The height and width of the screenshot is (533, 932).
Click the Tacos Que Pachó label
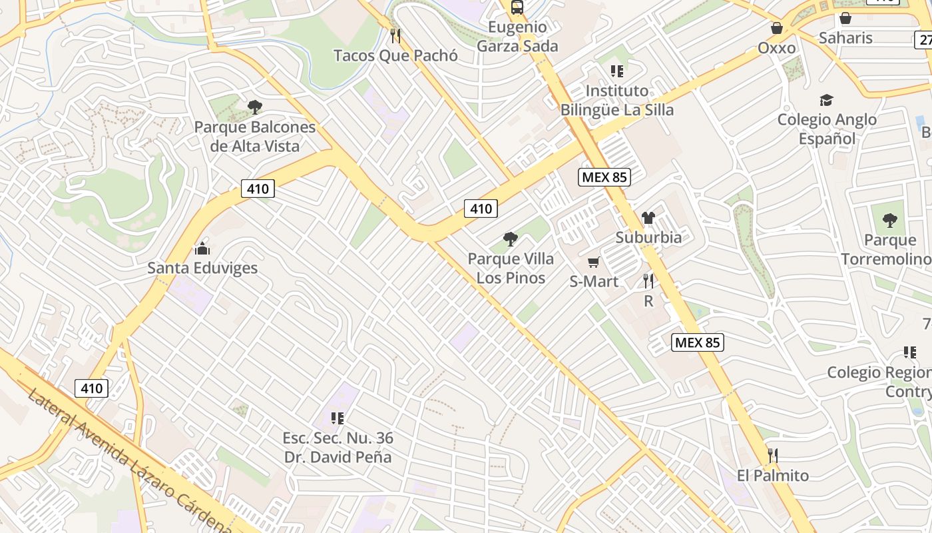point(395,55)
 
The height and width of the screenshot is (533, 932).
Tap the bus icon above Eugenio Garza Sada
point(517,7)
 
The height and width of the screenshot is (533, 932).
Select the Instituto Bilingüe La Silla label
point(617,100)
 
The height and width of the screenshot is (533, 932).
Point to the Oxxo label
point(777,48)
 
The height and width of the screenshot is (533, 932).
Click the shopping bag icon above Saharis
point(845,18)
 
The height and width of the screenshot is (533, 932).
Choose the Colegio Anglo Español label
point(827,129)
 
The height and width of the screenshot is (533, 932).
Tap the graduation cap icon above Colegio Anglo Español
point(826,100)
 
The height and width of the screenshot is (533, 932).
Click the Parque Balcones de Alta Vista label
point(255,136)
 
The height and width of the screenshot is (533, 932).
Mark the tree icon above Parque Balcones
point(254,107)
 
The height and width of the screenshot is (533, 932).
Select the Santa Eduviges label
point(202,268)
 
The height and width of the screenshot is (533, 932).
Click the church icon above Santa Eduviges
point(202,249)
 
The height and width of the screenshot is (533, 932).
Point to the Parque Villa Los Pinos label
point(511,268)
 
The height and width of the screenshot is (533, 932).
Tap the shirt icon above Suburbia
point(648,218)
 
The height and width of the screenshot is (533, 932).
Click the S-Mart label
point(594,282)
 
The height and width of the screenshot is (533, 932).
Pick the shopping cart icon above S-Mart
point(594,262)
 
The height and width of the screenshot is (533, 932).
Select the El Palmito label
point(773,476)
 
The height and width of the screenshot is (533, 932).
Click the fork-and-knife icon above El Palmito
point(773,456)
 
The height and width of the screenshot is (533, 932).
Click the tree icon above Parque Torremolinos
point(889,221)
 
